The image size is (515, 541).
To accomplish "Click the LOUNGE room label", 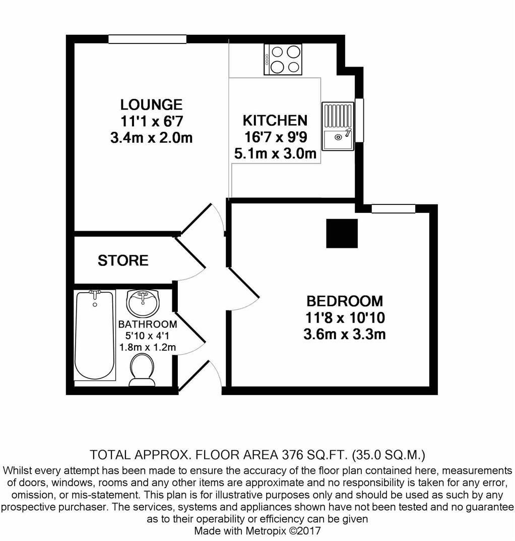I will coord(151,105).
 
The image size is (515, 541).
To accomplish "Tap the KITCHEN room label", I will coord(275,121).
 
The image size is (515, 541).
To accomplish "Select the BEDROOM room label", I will coord(345,301).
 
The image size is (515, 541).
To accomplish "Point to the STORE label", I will coord(123,260).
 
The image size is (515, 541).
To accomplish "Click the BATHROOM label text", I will coord(147,324).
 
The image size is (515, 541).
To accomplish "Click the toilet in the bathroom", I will coord(142,369).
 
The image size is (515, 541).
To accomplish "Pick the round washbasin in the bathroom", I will coord(143,302).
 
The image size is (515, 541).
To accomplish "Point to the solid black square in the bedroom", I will coord(342,233).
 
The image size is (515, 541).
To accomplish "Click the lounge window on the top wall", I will coord(147,39).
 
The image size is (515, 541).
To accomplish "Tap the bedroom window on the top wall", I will coord(393,208).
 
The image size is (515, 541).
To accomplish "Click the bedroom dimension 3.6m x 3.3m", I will coord(345,334).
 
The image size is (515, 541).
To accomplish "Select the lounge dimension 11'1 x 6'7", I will coord(151,121).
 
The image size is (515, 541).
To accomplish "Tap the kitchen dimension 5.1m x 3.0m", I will coord(275,153).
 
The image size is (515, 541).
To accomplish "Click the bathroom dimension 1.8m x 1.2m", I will coord(147,347).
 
